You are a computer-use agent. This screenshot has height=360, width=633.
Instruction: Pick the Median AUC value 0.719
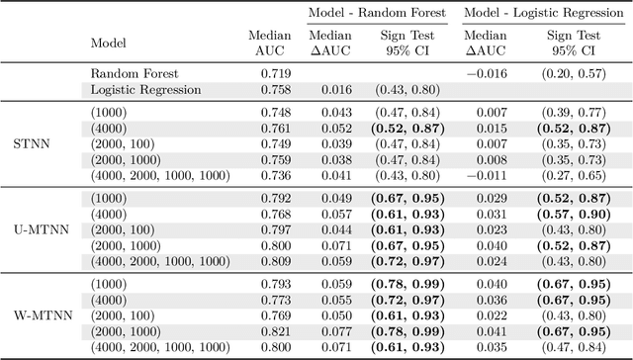[x=275, y=73]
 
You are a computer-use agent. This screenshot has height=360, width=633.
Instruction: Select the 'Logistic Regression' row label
[x=145, y=90]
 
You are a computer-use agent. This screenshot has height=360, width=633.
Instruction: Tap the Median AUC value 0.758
[x=275, y=90]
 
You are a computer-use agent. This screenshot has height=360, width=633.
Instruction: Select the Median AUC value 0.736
[x=275, y=176]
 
